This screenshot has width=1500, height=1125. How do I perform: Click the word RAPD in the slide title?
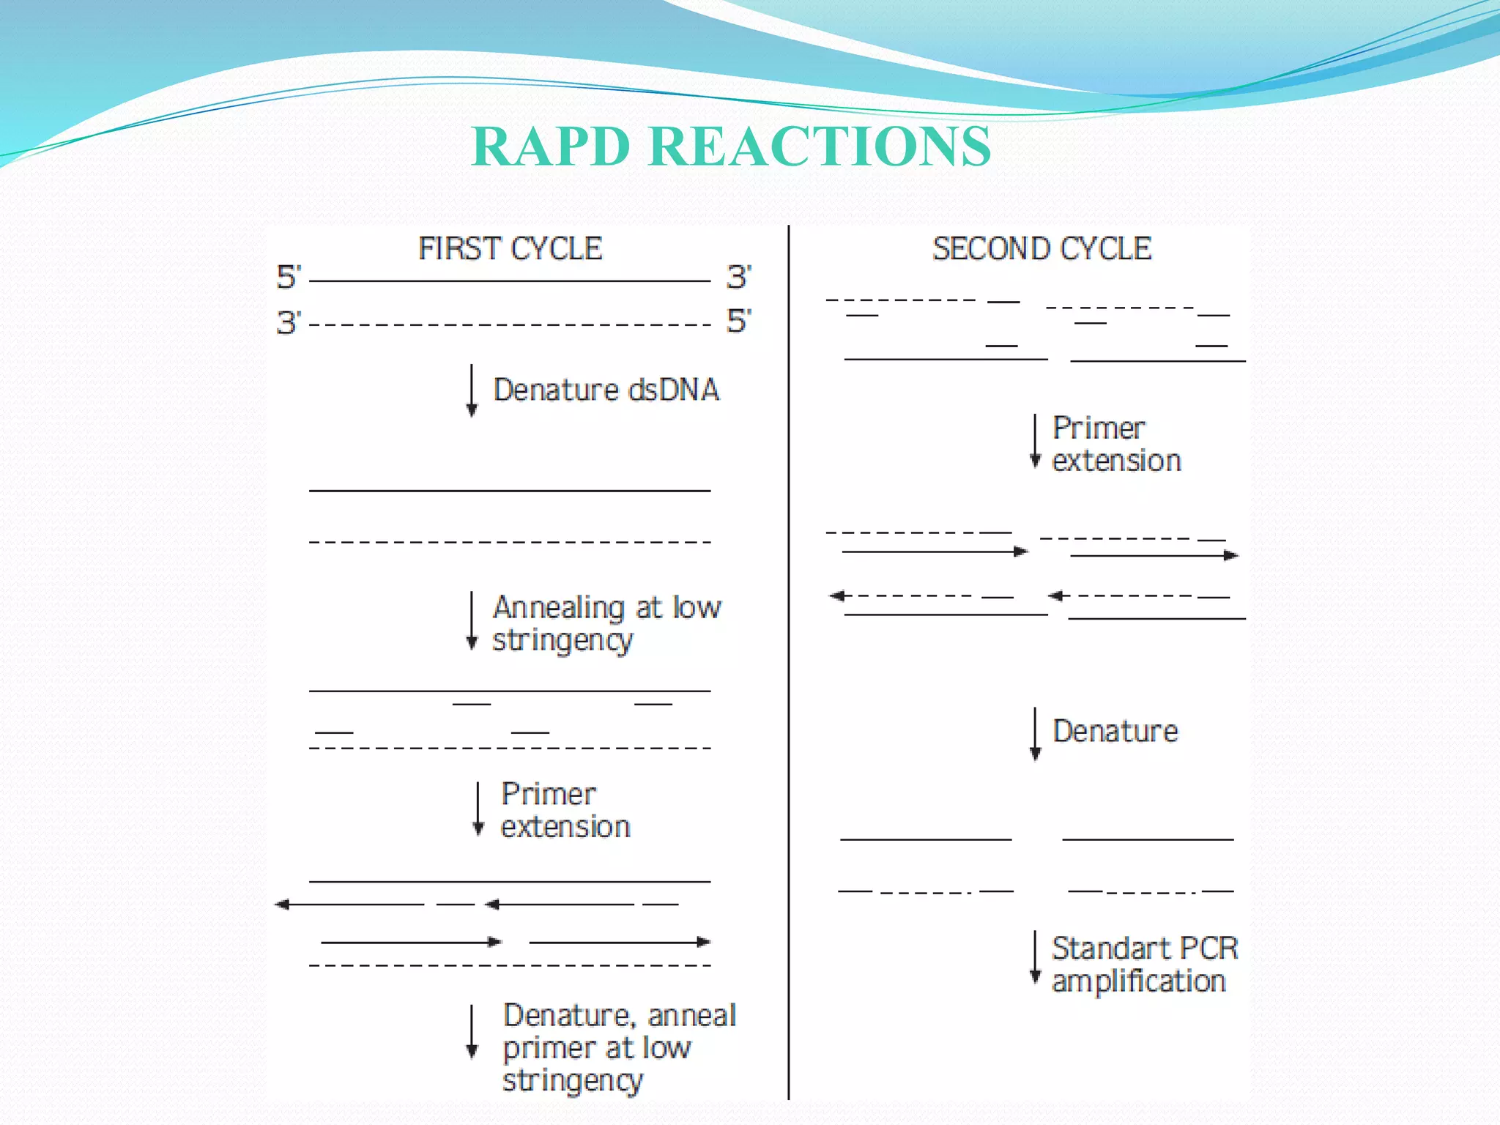click(x=551, y=146)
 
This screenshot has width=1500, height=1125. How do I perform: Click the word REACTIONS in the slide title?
click(x=820, y=146)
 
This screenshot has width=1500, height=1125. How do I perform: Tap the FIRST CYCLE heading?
click(x=510, y=249)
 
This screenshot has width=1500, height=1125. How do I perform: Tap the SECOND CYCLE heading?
click(x=1042, y=249)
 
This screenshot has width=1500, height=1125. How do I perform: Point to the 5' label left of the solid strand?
click(x=288, y=278)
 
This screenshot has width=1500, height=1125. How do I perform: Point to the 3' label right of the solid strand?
click(x=738, y=278)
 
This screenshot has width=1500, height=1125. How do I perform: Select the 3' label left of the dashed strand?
click(x=288, y=323)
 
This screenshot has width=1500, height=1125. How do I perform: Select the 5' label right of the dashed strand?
click(x=738, y=322)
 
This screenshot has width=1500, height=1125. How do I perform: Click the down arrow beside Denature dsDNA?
click(x=472, y=390)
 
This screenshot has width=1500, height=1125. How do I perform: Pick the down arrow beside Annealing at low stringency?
click(x=472, y=621)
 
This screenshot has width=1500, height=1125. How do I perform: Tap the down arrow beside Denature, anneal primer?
click(x=472, y=1032)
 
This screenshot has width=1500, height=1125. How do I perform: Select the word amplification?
click(x=1138, y=981)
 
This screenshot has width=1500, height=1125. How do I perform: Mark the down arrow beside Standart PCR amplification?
click(x=1035, y=957)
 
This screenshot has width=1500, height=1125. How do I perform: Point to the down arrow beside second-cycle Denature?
click(x=1035, y=734)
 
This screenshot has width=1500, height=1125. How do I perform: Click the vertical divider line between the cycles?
click(x=789, y=659)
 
